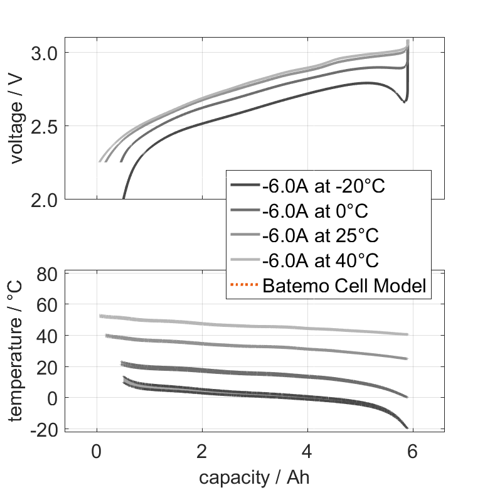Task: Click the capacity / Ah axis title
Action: pyautogui.click(x=254, y=477)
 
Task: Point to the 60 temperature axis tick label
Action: pyautogui.click(x=48, y=305)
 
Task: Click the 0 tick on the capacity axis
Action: pyautogui.click(x=97, y=451)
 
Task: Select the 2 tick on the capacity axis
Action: pyautogui.click(x=202, y=451)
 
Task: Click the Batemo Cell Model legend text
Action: pyautogui.click(x=344, y=286)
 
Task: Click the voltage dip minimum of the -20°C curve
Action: pyautogui.click(x=405, y=102)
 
